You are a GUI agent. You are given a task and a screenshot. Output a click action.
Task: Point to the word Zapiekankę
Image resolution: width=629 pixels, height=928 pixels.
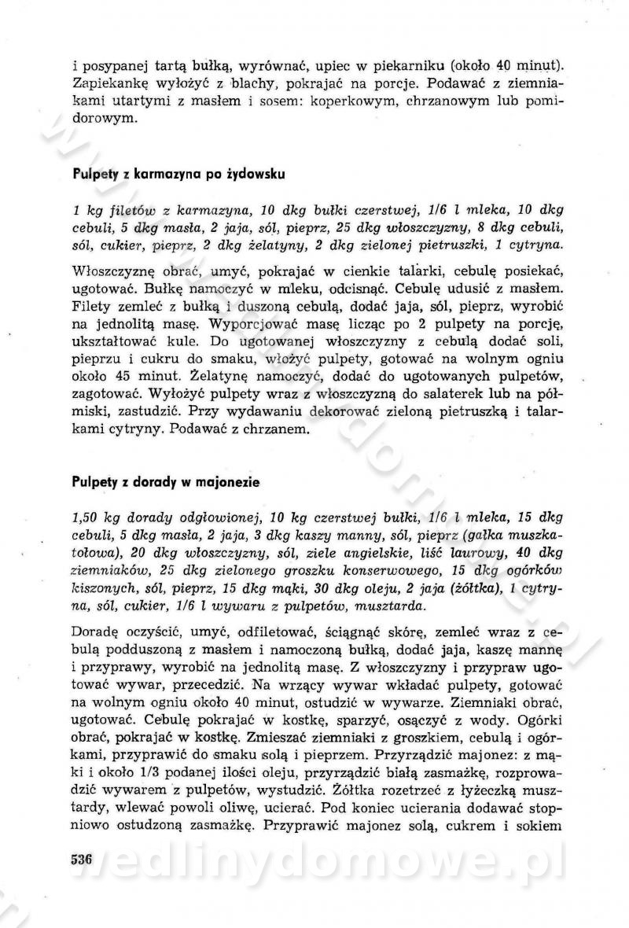coord(109,83)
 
